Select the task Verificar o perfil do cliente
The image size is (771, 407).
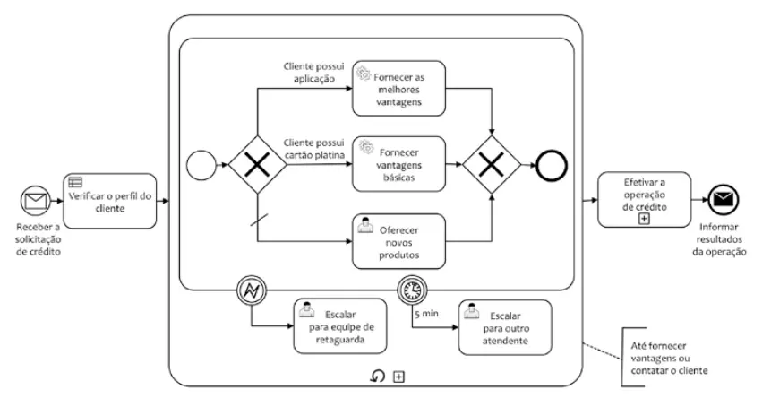click(x=108, y=200)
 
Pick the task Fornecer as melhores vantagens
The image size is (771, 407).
click(x=398, y=88)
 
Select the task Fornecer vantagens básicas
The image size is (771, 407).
click(x=398, y=163)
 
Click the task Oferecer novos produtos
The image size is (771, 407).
click(x=398, y=239)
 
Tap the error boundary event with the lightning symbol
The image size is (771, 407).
click(x=251, y=290)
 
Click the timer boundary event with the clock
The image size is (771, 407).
click(x=411, y=290)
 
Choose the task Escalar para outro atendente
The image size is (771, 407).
click(x=504, y=325)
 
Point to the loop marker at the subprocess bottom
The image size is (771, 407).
click(x=380, y=376)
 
